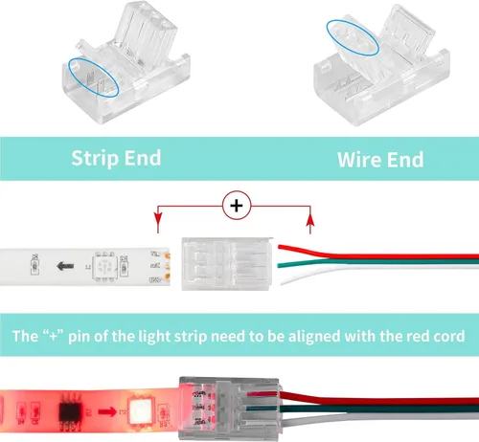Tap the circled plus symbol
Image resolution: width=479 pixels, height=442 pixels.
(237, 205)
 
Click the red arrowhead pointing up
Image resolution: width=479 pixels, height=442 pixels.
(309, 222)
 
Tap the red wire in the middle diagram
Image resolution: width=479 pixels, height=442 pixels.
(383, 254)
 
